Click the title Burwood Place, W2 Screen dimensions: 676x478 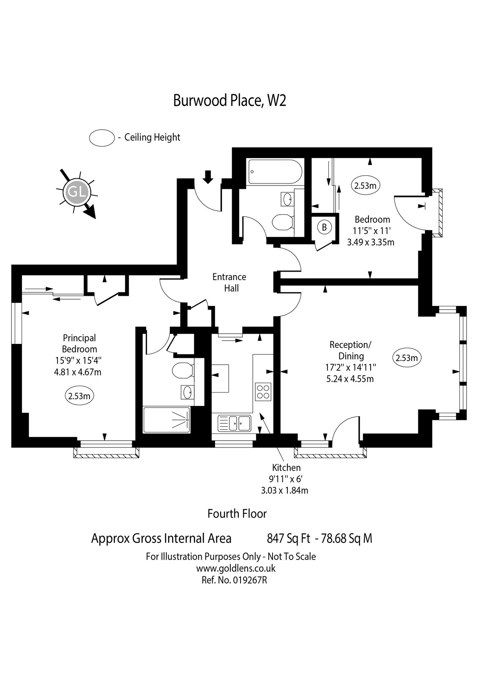point(229,101)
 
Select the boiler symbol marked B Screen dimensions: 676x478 point(324,227)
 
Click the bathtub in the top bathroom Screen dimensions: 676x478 point(275,172)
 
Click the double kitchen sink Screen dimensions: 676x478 point(235,422)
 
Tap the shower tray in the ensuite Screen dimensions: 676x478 point(167,420)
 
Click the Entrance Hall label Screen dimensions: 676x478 point(229,282)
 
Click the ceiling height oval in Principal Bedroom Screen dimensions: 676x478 point(79,396)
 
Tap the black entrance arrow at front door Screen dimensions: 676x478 point(208,177)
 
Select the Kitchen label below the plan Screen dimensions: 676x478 point(286,467)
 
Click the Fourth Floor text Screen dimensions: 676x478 point(237,514)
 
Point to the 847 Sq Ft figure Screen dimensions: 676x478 point(289,539)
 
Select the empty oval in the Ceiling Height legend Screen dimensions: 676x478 point(102,138)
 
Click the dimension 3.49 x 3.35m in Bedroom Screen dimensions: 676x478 point(370,242)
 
